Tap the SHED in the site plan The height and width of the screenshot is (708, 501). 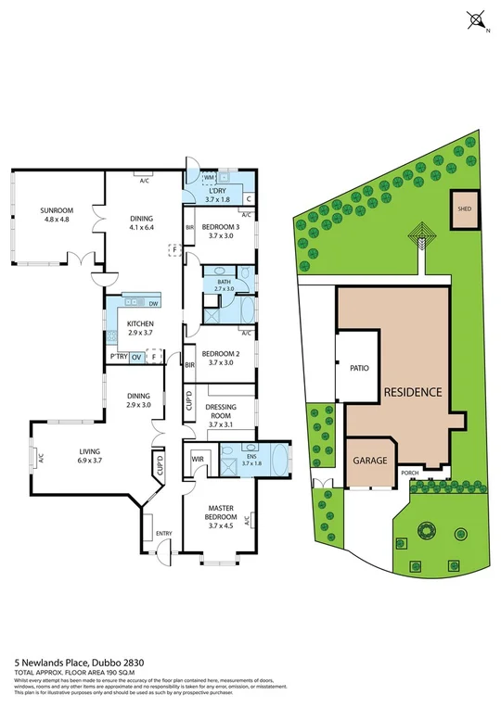point(462,208)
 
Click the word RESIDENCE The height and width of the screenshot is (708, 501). point(413,392)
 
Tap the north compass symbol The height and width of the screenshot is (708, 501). point(477,19)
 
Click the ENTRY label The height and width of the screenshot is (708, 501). point(164,533)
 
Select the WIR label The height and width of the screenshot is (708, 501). point(198,458)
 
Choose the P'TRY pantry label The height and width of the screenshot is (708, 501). point(118,357)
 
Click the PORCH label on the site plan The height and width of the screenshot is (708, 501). point(409,473)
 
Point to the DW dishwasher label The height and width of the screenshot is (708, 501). point(153,304)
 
